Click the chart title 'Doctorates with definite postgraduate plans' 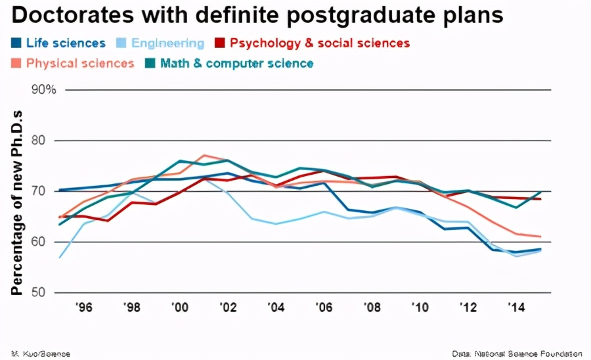(x=256, y=16)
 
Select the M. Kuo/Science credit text (x=41, y=353)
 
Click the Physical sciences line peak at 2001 (x=204, y=156)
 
